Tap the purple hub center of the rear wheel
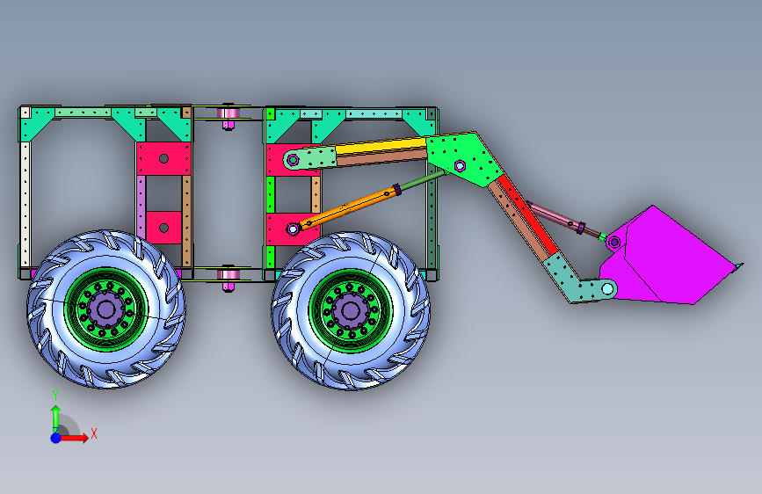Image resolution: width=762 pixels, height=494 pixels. [x=106, y=309]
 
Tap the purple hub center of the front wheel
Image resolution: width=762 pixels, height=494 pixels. [x=350, y=310]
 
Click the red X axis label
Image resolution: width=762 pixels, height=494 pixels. [x=94, y=433]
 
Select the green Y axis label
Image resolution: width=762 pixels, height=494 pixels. [x=55, y=396]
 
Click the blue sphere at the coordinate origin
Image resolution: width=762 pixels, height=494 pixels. [x=56, y=438]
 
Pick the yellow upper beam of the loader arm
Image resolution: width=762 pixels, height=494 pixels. [x=381, y=145]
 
